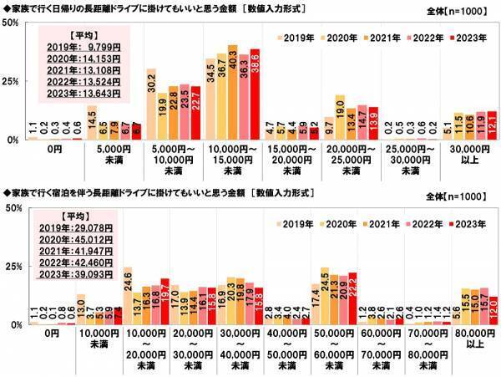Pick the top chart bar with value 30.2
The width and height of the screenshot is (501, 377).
pos(151,104)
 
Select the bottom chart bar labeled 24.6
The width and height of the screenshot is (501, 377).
pos(128,296)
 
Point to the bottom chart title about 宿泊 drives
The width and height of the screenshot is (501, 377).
pos(150,193)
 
